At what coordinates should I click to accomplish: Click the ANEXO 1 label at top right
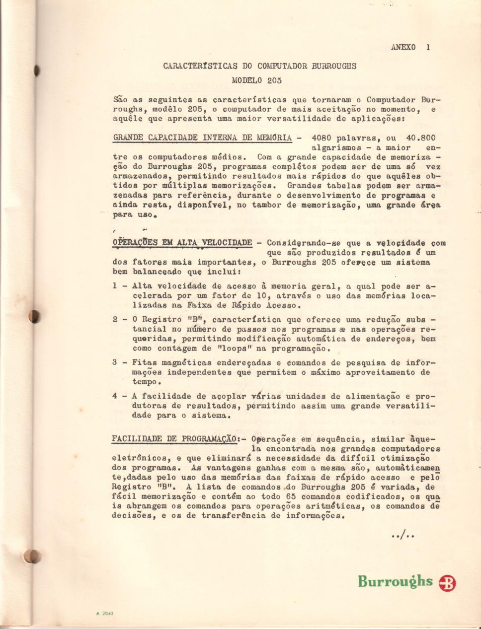(410, 47)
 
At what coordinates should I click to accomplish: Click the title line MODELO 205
(256, 80)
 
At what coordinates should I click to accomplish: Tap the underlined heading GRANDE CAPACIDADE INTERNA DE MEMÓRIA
(202, 138)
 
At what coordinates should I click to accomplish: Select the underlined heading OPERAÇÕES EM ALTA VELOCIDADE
(182, 242)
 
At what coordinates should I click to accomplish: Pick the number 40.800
(420, 138)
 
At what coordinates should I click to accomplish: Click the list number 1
(115, 286)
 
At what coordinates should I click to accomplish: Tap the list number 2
(115, 319)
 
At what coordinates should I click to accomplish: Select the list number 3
(115, 362)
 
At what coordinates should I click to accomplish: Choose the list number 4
(115, 396)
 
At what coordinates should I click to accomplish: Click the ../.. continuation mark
(403, 535)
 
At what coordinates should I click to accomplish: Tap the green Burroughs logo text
(395, 581)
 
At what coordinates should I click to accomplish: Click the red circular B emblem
(447, 583)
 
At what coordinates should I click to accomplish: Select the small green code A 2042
(105, 613)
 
